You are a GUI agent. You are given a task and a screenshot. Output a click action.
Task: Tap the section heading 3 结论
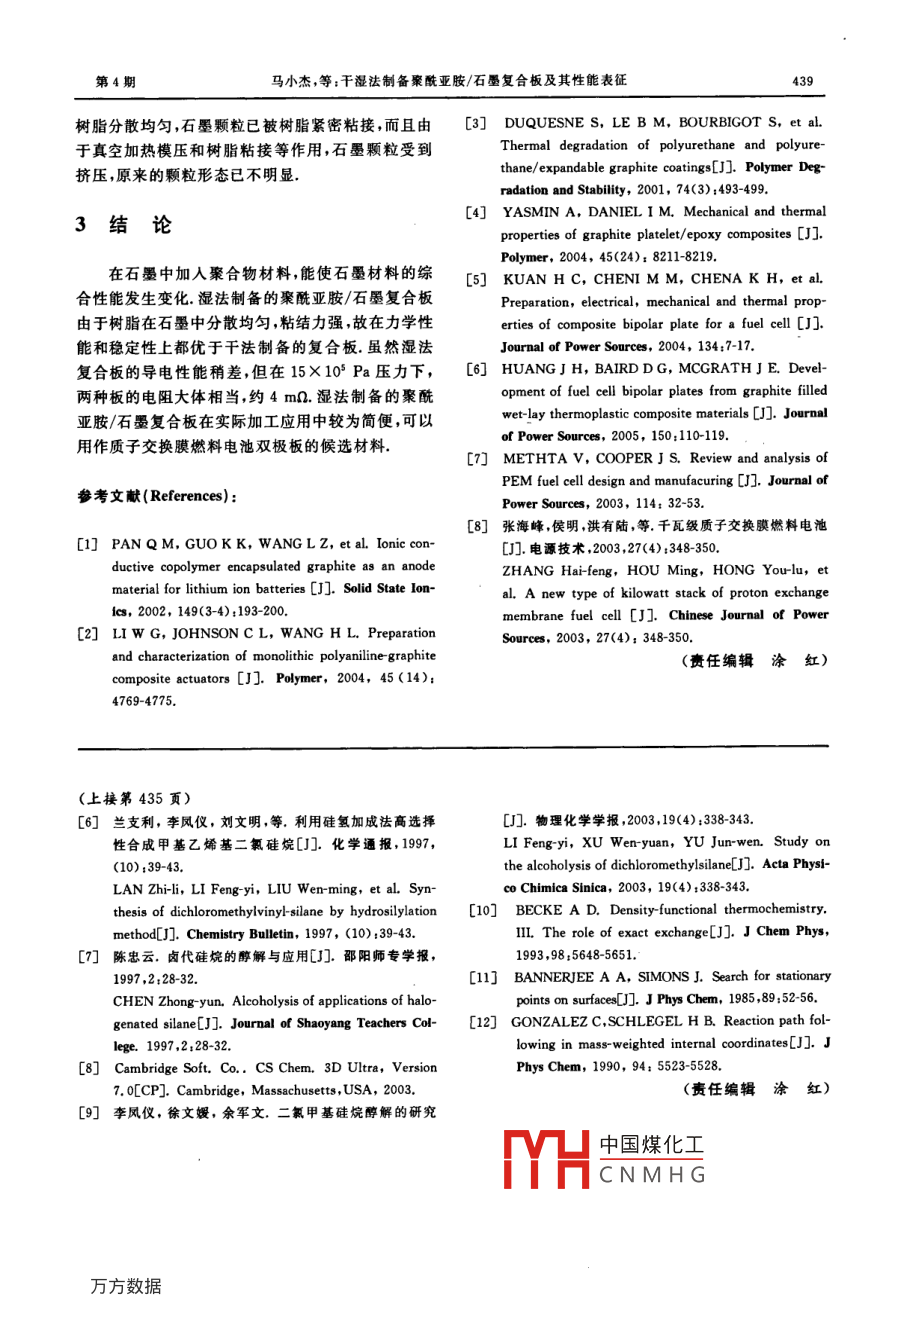124,225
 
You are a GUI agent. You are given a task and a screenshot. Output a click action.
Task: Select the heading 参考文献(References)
158,496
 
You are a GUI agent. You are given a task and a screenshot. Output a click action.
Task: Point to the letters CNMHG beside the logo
652,1175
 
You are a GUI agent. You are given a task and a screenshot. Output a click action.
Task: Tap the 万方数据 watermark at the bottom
126,1286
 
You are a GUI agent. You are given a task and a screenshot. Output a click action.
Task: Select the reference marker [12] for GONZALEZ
484,1021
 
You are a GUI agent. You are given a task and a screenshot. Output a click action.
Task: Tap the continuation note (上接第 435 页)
134,798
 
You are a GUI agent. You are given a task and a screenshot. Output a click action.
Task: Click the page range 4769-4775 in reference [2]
144,701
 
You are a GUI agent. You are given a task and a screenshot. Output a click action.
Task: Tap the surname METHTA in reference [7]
535,458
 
